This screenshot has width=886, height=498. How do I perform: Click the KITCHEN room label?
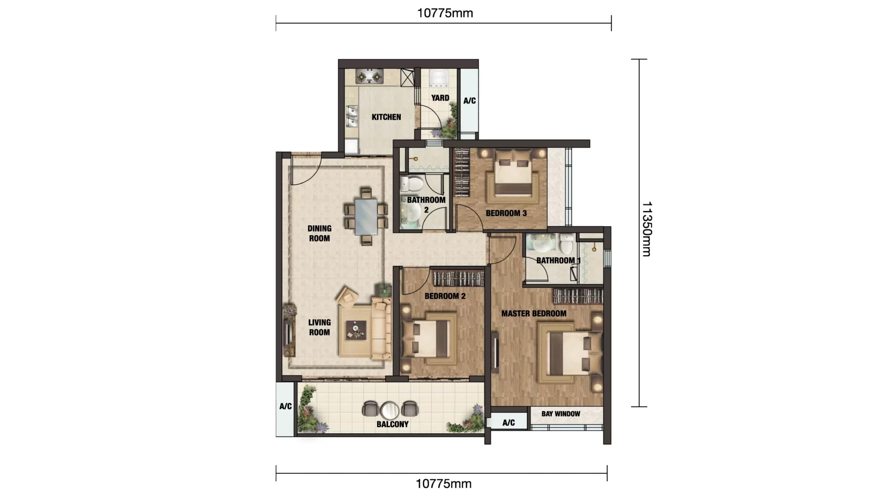[x=386, y=117]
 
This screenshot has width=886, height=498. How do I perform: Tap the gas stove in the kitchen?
[x=369, y=77]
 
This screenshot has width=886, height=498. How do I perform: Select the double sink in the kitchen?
[x=351, y=116]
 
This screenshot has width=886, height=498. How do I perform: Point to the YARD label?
[x=440, y=98]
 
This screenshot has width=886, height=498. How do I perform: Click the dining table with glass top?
[x=366, y=217]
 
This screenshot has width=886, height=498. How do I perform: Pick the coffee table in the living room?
[x=356, y=330]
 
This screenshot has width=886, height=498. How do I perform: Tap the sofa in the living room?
[x=381, y=328]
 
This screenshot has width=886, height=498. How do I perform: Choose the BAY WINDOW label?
[x=561, y=414]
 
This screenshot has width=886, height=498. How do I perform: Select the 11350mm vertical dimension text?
[x=646, y=229]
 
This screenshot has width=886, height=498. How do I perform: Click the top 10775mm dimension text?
[x=445, y=13]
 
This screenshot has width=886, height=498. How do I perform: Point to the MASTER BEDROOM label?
[x=534, y=314]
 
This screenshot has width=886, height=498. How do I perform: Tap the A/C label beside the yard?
[x=469, y=101]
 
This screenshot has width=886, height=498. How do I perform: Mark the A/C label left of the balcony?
[x=285, y=406]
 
